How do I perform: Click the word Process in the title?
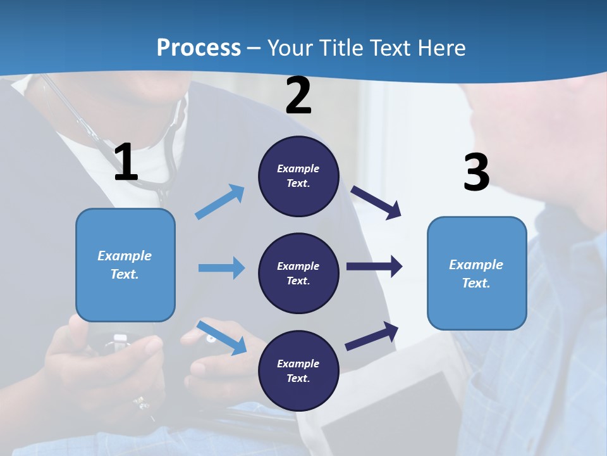coord(199,47)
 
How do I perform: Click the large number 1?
coord(126,163)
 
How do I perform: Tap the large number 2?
coord(298,96)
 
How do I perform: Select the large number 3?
coord(476,172)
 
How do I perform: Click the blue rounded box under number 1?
coord(125,265)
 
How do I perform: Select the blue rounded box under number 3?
coord(477,273)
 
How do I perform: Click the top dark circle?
coord(298,176)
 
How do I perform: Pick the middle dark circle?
coord(298,273)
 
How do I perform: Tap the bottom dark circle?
coord(298,370)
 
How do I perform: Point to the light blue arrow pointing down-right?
coord(222,338)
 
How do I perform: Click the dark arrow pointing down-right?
coord(376,203)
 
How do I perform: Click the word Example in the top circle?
coord(298,168)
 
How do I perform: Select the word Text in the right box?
coord(475,283)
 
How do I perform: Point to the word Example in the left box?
coord(125,256)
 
